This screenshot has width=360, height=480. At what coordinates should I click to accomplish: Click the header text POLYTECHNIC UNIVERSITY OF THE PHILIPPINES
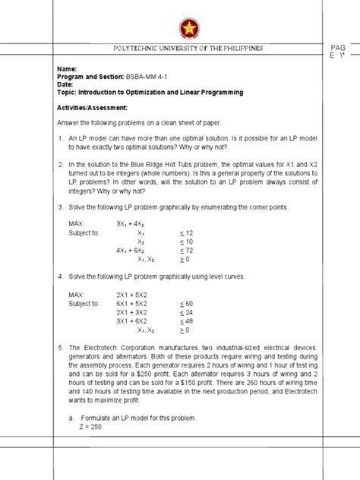tap(188, 48)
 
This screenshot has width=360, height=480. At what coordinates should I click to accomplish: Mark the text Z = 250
tap(84, 426)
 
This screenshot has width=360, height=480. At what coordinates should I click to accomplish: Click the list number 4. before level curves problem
tap(60, 278)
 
